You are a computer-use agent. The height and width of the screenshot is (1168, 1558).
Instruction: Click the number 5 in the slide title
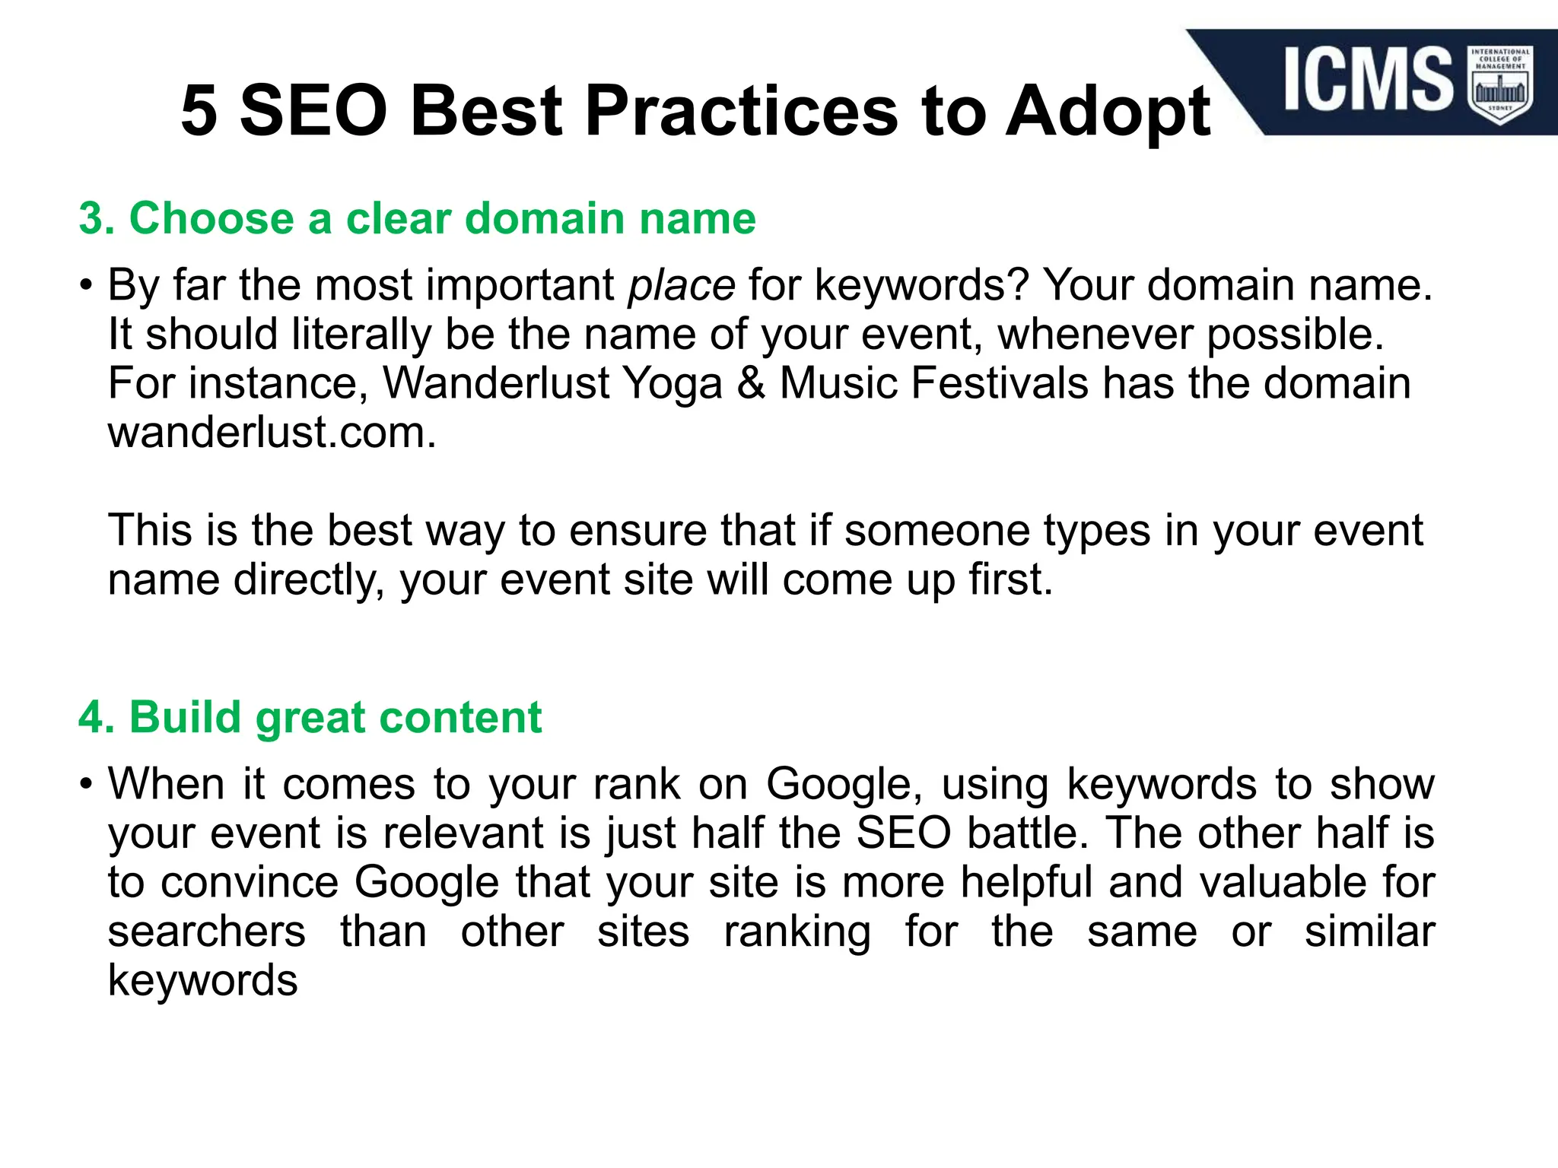pos(199,112)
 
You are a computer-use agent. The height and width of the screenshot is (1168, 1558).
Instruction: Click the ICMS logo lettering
pos(1369,78)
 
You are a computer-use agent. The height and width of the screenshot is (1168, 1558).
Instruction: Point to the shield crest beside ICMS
pos(1500,84)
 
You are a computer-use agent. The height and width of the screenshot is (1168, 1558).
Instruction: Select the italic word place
pos(681,287)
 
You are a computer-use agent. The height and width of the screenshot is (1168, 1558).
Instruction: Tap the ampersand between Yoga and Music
pos(750,382)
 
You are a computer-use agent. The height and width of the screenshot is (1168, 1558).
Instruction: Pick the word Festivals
pos(999,382)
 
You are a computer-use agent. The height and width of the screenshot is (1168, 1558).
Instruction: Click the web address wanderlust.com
pos(272,433)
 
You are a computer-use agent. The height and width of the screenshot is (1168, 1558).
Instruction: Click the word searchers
pos(206,932)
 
